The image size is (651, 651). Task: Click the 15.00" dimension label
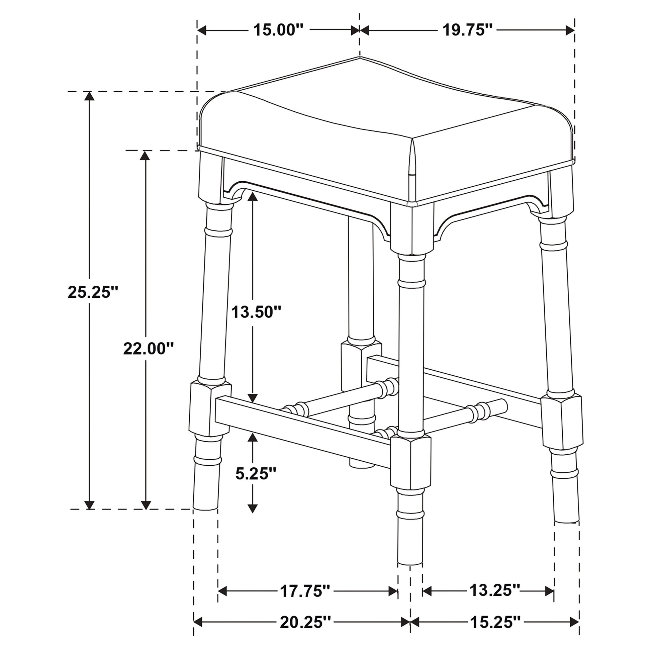tap(279, 30)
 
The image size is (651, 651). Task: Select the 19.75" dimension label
tap(467, 30)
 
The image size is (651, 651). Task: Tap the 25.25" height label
tap(93, 292)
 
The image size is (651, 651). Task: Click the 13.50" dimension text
tap(256, 312)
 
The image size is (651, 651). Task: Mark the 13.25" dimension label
tap(495, 590)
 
